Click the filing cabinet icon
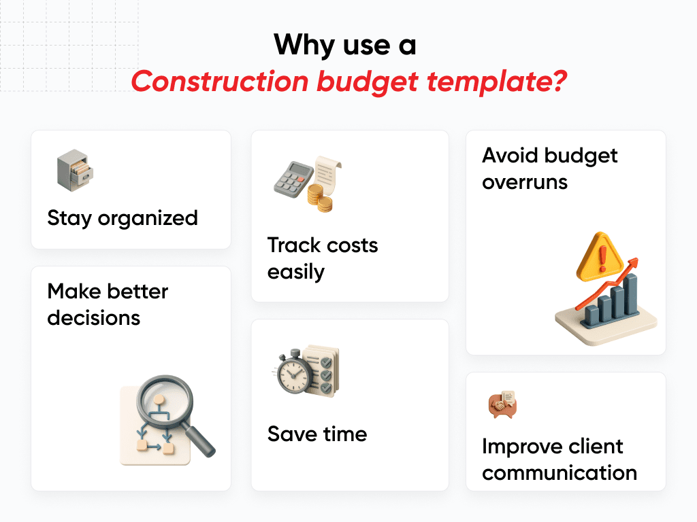[x=74, y=171]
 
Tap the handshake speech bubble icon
[x=502, y=405]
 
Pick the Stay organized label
[x=123, y=218]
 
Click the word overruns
[x=525, y=182]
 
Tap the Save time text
[x=317, y=434]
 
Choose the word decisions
[x=94, y=317]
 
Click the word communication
[x=560, y=472]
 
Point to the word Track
[x=293, y=245]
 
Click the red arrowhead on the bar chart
[x=634, y=262]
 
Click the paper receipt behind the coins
[x=327, y=173]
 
